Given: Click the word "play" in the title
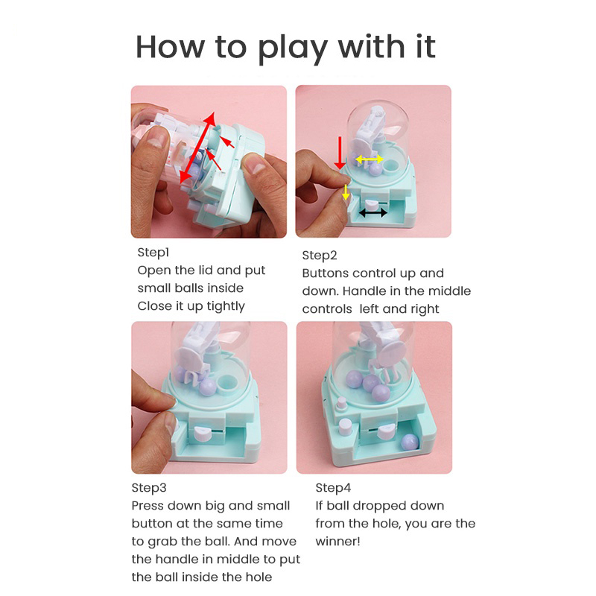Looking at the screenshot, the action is pyautogui.click(x=292, y=49).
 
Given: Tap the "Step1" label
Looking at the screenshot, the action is pyautogui.click(x=153, y=253).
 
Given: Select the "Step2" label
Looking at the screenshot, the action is pyautogui.click(x=320, y=256).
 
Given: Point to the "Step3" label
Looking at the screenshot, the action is pyautogui.click(x=149, y=488).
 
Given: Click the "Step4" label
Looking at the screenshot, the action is pyautogui.click(x=333, y=488).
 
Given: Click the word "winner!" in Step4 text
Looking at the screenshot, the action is pyautogui.click(x=337, y=542).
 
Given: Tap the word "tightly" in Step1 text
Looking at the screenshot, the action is pyautogui.click(x=226, y=307).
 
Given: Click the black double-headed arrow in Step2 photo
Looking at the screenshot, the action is pyautogui.click(x=373, y=213).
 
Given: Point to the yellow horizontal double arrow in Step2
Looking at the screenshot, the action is pyautogui.click(x=369, y=159).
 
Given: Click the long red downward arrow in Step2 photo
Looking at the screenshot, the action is pyautogui.click(x=340, y=153).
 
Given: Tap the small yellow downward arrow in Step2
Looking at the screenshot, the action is pyautogui.click(x=345, y=192).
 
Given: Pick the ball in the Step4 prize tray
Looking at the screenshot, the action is pyautogui.click(x=410, y=442).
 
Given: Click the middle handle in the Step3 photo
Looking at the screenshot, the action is pyautogui.click(x=203, y=434).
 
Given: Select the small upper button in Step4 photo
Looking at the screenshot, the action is pyautogui.click(x=342, y=403).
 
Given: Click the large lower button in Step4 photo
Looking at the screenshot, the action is pyautogui.click(x=346, y=426).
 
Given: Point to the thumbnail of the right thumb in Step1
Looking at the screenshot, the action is pyautogui.click(x=253, y=163).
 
